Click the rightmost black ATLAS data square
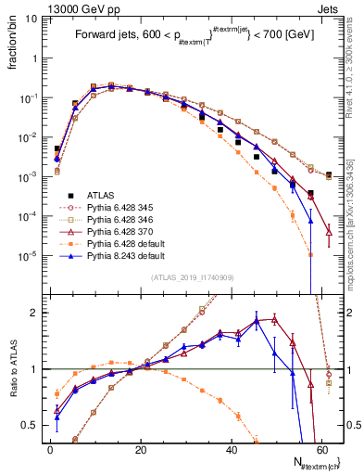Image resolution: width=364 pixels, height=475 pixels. point(329,174)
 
